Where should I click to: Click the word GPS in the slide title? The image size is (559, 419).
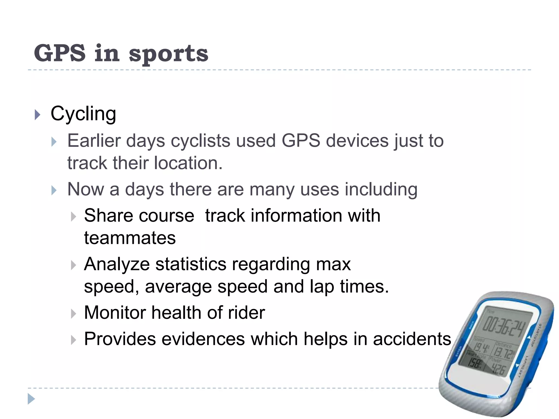point(60,53)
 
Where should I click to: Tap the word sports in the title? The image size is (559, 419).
point(168,54)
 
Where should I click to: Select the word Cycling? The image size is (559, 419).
point(83,114)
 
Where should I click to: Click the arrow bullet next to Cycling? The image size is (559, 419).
point(38,115)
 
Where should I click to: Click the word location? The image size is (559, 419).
point(188,163)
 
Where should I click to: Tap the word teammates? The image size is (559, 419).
point(130,238)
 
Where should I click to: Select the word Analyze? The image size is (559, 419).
point(117,264)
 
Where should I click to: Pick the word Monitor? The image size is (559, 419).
point(115,313)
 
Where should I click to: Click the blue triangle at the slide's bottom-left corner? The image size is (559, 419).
point(31,399)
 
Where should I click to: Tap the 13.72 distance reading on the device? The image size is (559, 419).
point(504,354)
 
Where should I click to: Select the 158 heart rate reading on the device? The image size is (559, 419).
point(475,363)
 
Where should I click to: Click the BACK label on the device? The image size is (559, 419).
point(471,325)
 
